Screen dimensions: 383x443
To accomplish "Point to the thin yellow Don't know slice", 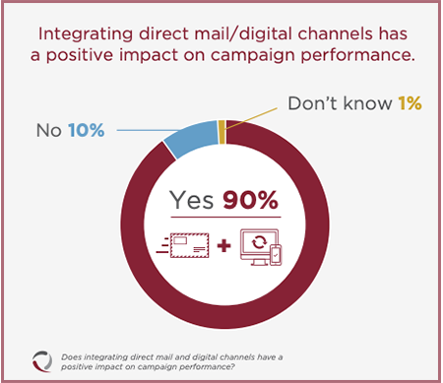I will [222, 125].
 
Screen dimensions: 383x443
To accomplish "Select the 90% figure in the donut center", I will [252, 200].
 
